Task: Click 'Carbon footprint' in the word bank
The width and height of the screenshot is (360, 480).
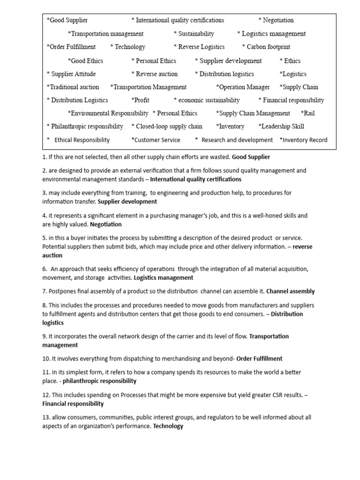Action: click(x=268, y=47)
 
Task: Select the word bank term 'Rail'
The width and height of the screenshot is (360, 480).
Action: click(x=308, y=113)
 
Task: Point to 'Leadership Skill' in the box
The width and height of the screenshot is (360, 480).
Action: click(x=283, y=126)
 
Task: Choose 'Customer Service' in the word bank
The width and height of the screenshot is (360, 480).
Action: click(x=157, y=140)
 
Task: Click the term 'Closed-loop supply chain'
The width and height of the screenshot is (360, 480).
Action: click(x=168, y=126)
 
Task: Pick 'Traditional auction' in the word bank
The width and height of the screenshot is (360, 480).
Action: click(x=73, y=87)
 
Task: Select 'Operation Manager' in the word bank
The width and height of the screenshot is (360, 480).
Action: click(x=244, y=87)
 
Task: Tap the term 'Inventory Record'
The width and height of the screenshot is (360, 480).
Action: click(x=305, y=140)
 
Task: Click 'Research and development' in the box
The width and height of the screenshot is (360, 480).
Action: click(x=237, y=140)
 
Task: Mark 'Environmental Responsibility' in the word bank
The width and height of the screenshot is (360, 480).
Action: click(x=109, y=113)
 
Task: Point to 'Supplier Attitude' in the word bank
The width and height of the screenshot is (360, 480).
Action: click(x=72, y=74)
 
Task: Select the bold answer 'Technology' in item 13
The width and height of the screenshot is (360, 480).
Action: click(x=168, y=426)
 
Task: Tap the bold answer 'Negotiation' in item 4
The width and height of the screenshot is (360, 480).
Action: click(x=106, y=225)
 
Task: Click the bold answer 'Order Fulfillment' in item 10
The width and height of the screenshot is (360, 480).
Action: click(x=259, y=359)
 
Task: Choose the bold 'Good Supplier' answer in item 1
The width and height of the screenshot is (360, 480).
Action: click(x=251, y=157)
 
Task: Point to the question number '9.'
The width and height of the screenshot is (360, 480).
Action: click(x=45, y=336)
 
